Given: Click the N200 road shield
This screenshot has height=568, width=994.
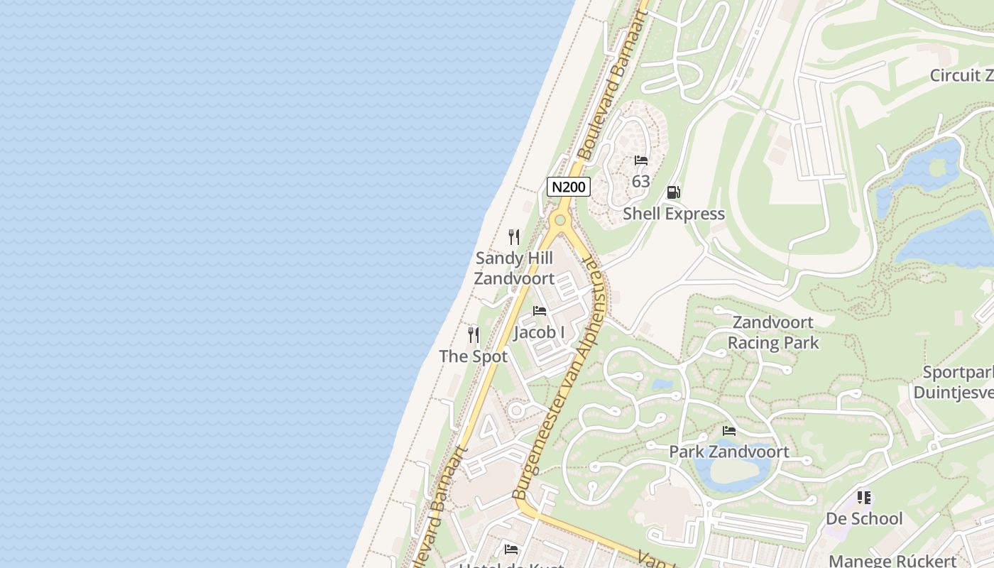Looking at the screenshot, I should coord(569,187).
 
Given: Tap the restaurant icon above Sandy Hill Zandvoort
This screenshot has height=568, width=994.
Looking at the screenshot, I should coord(514,237).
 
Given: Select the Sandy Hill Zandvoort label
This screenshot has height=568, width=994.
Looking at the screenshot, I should coord(514,268).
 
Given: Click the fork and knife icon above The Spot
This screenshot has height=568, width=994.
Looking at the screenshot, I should coord(474,335).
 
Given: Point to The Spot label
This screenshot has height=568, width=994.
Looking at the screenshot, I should coord(474,356).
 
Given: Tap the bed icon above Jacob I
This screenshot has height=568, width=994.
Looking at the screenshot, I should coord(540,311).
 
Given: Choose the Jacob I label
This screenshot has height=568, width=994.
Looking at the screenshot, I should coord(540,332).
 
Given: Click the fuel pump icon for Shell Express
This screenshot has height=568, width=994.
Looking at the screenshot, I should coord(673,192).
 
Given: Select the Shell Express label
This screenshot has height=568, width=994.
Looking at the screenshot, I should coord(674,214).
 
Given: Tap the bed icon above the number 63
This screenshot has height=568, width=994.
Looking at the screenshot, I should coord(641,160).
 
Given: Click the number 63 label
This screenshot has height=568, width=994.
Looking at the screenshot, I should coord(641,182).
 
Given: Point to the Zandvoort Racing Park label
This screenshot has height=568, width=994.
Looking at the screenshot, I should coord(773,332).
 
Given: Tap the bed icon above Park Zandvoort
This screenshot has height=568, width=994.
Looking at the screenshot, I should coord(729,431).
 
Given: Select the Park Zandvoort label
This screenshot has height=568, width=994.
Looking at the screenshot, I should coord(729,452).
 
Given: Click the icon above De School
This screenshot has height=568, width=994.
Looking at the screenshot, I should coord(864,498).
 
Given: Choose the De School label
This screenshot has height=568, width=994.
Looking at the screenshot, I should coord(864,518).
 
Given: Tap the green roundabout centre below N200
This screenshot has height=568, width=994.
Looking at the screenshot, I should coord(560,220).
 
